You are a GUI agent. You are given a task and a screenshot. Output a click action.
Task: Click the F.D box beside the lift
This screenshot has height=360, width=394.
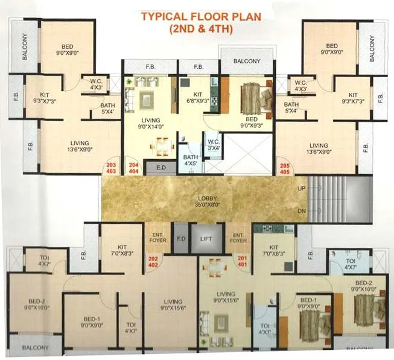coord(180,239)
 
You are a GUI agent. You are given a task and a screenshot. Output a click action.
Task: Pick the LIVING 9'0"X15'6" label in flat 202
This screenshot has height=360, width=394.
coord(173,305)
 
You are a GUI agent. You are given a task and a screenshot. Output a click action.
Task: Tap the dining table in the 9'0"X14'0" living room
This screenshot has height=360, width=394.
coord(160,145)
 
